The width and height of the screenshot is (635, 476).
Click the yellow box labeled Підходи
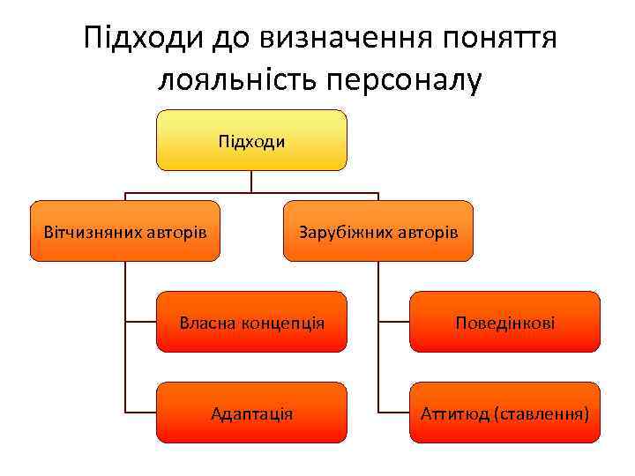tap(251, 140)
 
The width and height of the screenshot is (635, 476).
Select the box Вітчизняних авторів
tap(125, 232)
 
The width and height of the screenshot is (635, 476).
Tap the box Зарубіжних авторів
tap(377, 232)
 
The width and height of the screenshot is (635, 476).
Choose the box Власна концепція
tap(251, 323)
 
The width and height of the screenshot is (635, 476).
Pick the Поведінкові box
tap(504, 323)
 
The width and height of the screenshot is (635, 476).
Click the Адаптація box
tap(251, 413)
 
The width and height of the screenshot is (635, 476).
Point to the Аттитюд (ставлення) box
tap(504, 413)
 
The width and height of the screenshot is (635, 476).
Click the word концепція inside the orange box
tap(280, 324)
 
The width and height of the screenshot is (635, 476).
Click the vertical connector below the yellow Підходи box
tap(251, 181)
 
